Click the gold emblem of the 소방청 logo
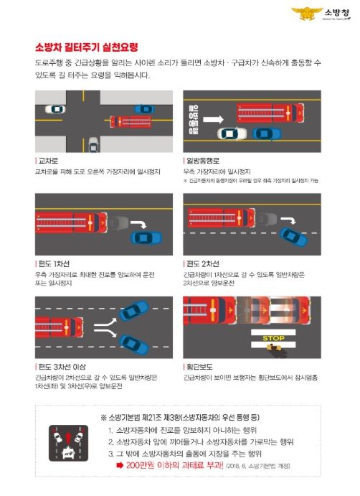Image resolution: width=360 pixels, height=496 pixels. pyautogui.click(x=303, y=13)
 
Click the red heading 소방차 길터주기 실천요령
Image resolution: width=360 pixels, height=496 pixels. pyautogui.click(x=86, y=47)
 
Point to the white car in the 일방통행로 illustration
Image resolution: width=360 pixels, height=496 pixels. pyautogui.click(x=231, y=134)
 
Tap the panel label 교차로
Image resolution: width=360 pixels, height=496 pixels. pyautogui.click(x=47, y=162)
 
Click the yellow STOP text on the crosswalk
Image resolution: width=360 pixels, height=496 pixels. pyautogui.click(x=273, y=337)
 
